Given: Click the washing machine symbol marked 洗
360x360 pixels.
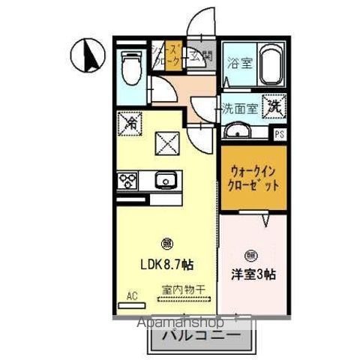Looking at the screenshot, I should click(274, 106).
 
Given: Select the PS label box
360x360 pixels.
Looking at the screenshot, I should click(280, 134).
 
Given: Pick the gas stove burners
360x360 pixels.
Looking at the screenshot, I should click(126, 180).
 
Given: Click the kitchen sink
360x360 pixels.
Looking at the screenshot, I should click(165, 180).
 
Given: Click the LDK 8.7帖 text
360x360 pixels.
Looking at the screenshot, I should click(167, 264).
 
